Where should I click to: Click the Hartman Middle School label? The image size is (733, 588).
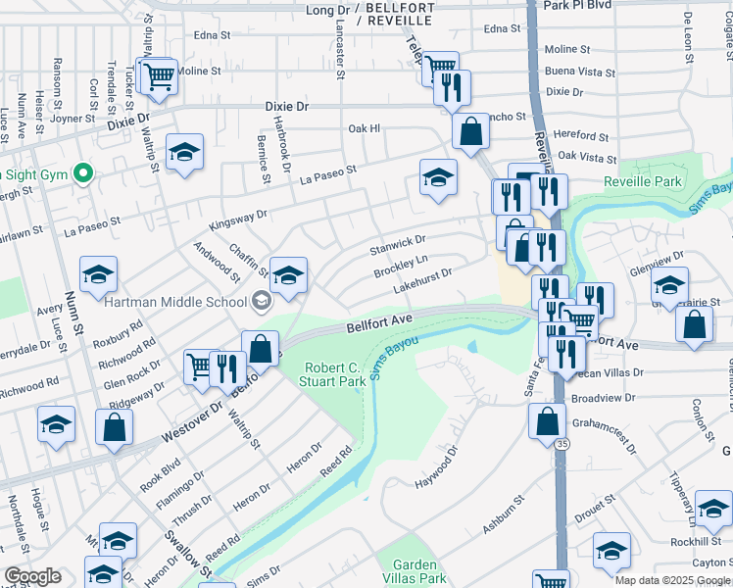(177, 302)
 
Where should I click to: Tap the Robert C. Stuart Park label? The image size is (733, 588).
(335, 373)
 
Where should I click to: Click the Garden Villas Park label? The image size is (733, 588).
(419, 571)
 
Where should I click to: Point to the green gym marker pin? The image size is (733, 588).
(83, 174)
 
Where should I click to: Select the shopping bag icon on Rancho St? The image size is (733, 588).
(471, 130)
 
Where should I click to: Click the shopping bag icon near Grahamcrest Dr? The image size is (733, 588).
(547, 420)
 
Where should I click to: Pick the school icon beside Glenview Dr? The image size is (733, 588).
(669, 285)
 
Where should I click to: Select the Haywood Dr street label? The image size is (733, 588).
(437, 467)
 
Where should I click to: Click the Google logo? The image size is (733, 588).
(33, 577)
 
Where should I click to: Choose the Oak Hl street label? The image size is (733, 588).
(364, 128)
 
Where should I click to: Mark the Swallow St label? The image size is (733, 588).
(202, 556)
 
